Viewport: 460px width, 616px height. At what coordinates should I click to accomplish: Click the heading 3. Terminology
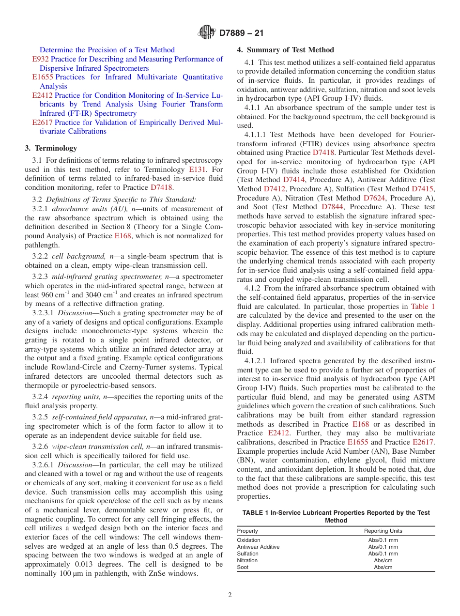click(x=51, y=148)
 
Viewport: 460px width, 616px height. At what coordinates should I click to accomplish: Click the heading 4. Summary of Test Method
click(x=286, y=50)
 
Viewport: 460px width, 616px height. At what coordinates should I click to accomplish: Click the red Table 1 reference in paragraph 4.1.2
click(x=423, y=307)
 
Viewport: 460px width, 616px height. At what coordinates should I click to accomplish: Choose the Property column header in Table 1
click(x=247, y=531)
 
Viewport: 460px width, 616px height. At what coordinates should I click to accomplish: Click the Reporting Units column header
click(x=383, y=531)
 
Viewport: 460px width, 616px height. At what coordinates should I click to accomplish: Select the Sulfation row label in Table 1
click(x=247, y=554)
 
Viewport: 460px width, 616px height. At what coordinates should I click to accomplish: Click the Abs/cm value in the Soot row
click(x=383, y=567)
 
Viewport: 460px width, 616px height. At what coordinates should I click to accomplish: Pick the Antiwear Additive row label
click(x=258, y=547)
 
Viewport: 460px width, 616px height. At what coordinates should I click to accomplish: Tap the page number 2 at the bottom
click(x=230, y=595)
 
